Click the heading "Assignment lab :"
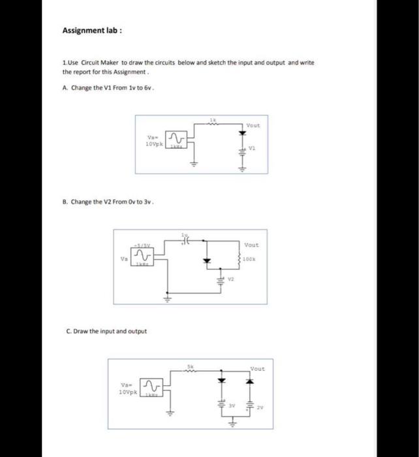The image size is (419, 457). point(92,30)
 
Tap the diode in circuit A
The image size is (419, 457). point(241,134)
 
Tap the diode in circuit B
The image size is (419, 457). point(208,260)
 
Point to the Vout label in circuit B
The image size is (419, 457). point(251,245)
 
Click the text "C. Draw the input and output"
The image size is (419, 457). point(107,331)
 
